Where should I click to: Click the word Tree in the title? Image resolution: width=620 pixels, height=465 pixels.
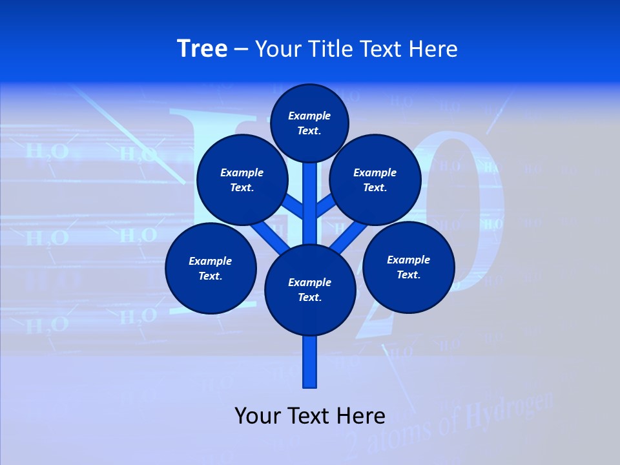[x=202, y=49]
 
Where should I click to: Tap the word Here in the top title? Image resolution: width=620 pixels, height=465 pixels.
[x=433, y=49]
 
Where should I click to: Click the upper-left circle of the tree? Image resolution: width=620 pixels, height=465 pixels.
[x=242, y=180]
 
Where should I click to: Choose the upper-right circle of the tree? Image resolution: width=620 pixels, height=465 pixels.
[x=375, y=180]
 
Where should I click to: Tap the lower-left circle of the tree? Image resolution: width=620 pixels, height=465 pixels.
[x=211, y=268]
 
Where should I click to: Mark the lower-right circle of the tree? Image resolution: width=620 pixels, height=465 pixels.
[x=408, y=267]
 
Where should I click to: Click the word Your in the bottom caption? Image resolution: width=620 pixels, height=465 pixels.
[x=258, y=416]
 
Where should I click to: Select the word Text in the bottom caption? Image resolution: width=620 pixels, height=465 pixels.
[x=310, y=416]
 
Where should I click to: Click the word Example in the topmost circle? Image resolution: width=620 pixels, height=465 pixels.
[x=309, y=116]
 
